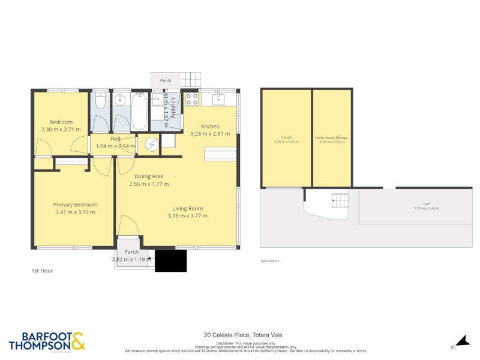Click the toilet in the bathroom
(100, 100)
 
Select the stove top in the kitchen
(192, 99)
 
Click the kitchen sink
(217, 98)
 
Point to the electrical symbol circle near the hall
(152, 144)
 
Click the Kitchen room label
(210, 126)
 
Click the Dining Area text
(146, 176)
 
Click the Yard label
(426, 204)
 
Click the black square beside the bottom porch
(170, 261)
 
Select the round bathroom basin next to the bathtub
(121, 100)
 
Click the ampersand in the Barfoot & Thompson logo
(79, 341)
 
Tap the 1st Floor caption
(42, 271)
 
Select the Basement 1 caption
(270, 261)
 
